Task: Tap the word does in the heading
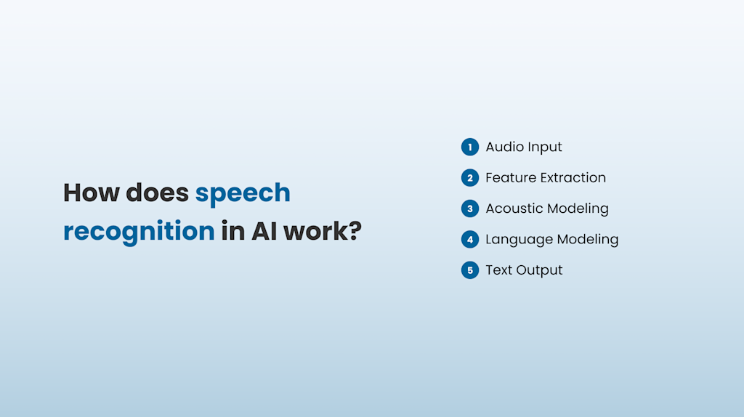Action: [157, 193]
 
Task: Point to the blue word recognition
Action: [139, 232]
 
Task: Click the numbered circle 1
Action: [470, 147]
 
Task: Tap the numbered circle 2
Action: [470, 178]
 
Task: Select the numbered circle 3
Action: [470, 208]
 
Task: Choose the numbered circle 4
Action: [470, 239]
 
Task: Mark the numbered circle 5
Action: [470, 270]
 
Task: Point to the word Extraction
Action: [573, 178]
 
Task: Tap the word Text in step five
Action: [499, 270]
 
